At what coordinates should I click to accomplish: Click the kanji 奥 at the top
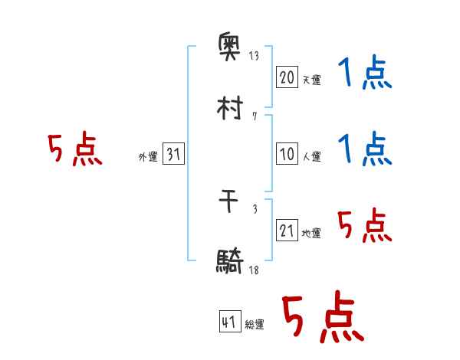(x=229, y=47)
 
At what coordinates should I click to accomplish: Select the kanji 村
(x=230, y=108)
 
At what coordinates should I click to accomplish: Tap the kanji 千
(x=228, y=201)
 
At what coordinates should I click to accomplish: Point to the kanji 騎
(x=230, y=261)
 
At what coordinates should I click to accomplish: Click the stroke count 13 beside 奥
(x=254, y=55)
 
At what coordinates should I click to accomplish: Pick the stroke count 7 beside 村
(x=255, y=116)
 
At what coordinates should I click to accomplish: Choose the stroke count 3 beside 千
(x=255, y=209)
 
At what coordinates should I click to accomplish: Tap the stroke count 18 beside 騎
(x=254, y=270)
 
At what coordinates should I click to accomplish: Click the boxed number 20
(x=287, y=77)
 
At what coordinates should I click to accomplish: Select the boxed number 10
(x=287, y=154)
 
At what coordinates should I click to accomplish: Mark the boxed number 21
(x=287, y=230)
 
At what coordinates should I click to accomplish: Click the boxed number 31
(x=173, y=154)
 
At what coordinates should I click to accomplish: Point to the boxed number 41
(x=230, y=321)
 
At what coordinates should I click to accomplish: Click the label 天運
(x=312, y=80)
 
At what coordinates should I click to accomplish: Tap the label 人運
(x=312, y=156)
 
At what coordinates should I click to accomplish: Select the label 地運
(x=311, y=233)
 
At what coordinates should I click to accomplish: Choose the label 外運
(x=148, y=156)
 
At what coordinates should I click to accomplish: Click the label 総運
(x=255, y=324)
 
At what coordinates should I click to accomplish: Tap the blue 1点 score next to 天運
(x=365, y=72)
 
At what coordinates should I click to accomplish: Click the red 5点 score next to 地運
(x=365, y=225)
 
